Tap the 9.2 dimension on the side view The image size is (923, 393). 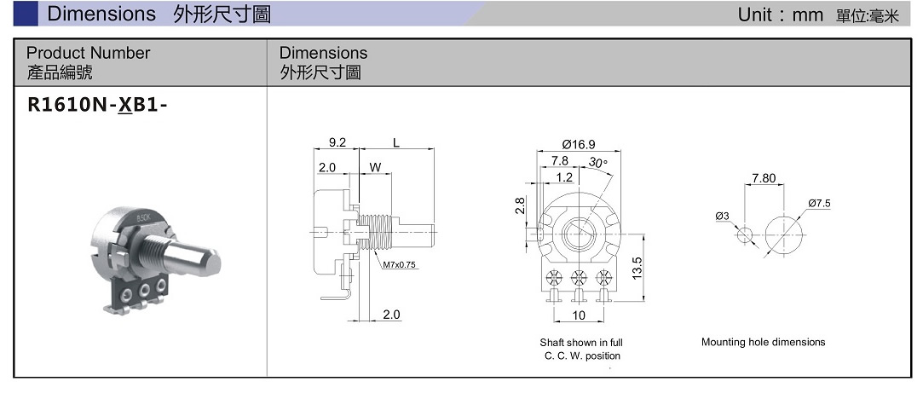[x=337, y=142]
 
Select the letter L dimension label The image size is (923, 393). [x=396, y=142]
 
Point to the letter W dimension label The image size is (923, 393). [x=374, y=167]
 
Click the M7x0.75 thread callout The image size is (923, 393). [x=399, y=264]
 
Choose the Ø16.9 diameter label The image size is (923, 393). [x=579, y=143]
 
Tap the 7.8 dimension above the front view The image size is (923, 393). [x=560, y=160]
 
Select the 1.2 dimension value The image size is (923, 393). [x=564, y=177]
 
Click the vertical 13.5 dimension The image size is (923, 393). [x=637, y=266]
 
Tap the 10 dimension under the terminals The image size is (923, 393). [x=580, y=315]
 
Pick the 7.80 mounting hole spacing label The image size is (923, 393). [x=764, y=178]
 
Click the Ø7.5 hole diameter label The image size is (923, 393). [x=818, y=203]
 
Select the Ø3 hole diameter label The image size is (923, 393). [x=723, y=216]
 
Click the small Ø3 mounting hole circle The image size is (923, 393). [x=745, y=234]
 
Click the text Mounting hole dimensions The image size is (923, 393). [x=763, y=342]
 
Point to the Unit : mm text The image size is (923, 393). [x=780, y=14]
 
